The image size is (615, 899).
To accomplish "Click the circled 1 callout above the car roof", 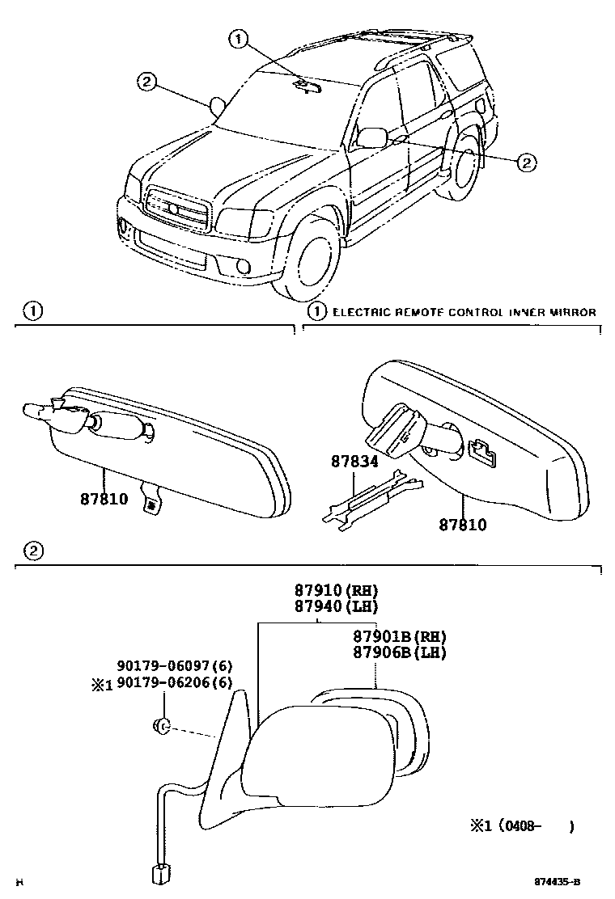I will [x=237, y=36].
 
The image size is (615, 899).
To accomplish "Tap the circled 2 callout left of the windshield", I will [x=146, y=81].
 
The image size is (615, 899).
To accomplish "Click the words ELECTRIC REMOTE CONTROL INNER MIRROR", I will [x=464, y=312].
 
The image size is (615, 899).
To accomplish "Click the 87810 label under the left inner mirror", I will [x=104, y=500].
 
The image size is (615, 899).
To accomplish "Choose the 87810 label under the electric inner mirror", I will [x=463, y=525].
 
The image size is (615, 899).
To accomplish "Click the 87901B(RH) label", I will [x=399, y=638].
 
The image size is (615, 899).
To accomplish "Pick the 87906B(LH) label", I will [x=399, y=653].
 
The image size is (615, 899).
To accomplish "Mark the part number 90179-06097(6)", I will [x=175, y=667].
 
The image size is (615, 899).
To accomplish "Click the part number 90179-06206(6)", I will [x=175, y=684].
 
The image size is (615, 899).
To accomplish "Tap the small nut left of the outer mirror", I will [x=160, y=726].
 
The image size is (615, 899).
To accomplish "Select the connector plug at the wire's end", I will [x=160, y=874].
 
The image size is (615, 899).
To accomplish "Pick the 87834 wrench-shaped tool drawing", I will [x=371, y=496].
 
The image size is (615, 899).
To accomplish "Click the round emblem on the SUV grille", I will [x=172, y=209].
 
